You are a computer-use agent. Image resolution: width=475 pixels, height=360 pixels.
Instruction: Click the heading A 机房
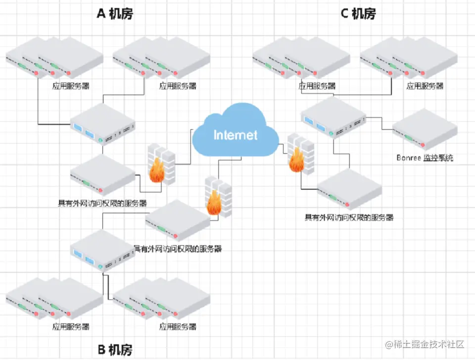click(115, 14)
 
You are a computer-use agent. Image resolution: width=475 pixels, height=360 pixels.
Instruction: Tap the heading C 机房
click(358, 14)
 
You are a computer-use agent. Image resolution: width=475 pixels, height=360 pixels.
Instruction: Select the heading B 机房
click(115, 350)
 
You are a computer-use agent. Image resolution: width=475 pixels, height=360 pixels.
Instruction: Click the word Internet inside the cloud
click(236, 135)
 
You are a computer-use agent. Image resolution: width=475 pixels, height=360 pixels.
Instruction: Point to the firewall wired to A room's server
click(161, 164)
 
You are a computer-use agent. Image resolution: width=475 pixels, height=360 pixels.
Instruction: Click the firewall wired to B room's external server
click(218, 197)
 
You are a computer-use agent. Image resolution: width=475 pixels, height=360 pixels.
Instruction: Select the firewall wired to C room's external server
click(300, 154)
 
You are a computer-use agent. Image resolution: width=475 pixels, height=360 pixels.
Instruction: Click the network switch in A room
click(103, 124)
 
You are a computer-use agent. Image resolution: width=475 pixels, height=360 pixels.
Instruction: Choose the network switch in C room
click(333, 118)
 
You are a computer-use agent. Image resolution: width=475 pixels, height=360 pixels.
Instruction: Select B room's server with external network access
click(178, 220)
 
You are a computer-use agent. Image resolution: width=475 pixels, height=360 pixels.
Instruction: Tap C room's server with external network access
click(349, 189)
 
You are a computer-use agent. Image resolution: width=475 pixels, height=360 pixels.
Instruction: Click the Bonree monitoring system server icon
click(425, 130)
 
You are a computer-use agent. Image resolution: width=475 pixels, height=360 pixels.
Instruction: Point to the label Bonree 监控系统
click(425, 157)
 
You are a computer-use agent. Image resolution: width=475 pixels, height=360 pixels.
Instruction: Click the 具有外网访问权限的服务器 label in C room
click(349, 217)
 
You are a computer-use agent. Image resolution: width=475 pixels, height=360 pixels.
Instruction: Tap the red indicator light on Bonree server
click(423, 145)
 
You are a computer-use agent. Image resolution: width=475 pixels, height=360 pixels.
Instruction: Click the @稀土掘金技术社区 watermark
click(425, 344)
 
